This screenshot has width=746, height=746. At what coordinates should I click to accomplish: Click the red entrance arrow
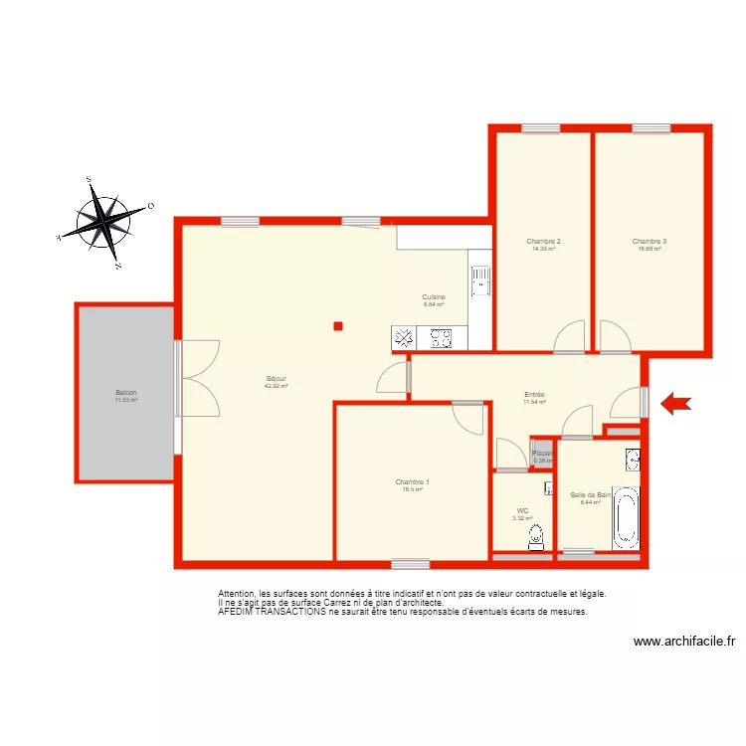click(676, 402)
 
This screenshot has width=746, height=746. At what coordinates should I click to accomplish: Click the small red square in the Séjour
click(338, 325)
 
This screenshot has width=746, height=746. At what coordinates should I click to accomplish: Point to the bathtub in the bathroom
click(625, 515)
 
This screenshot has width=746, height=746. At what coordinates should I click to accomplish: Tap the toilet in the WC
click(535, 538)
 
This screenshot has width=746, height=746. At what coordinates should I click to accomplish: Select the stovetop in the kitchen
click(441, 339)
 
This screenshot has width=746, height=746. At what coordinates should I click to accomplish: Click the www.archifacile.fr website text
click(683, 642)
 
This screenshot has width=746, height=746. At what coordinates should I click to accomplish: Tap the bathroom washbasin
click(632, 459)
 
